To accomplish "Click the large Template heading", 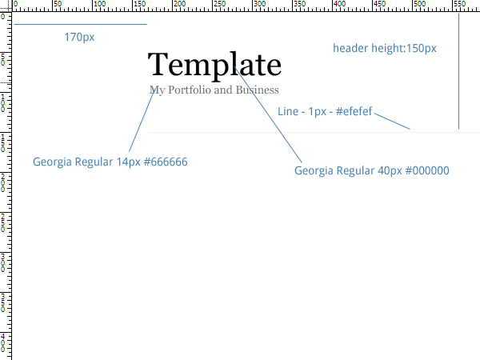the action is pos(214,66).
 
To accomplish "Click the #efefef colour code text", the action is pos(354,111).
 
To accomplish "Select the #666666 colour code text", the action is pos(166,162).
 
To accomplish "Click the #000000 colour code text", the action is pos(427,170).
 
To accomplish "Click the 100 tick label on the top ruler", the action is pos(100,4).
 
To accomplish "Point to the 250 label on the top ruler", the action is pos(220,4).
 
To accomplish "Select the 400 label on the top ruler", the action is pos(340,4).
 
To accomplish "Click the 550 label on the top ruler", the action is pos(460,4).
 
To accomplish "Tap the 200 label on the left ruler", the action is pos(2,182).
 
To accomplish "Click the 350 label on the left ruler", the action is pos(2,302).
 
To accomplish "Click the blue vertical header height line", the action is pos(458,71).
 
